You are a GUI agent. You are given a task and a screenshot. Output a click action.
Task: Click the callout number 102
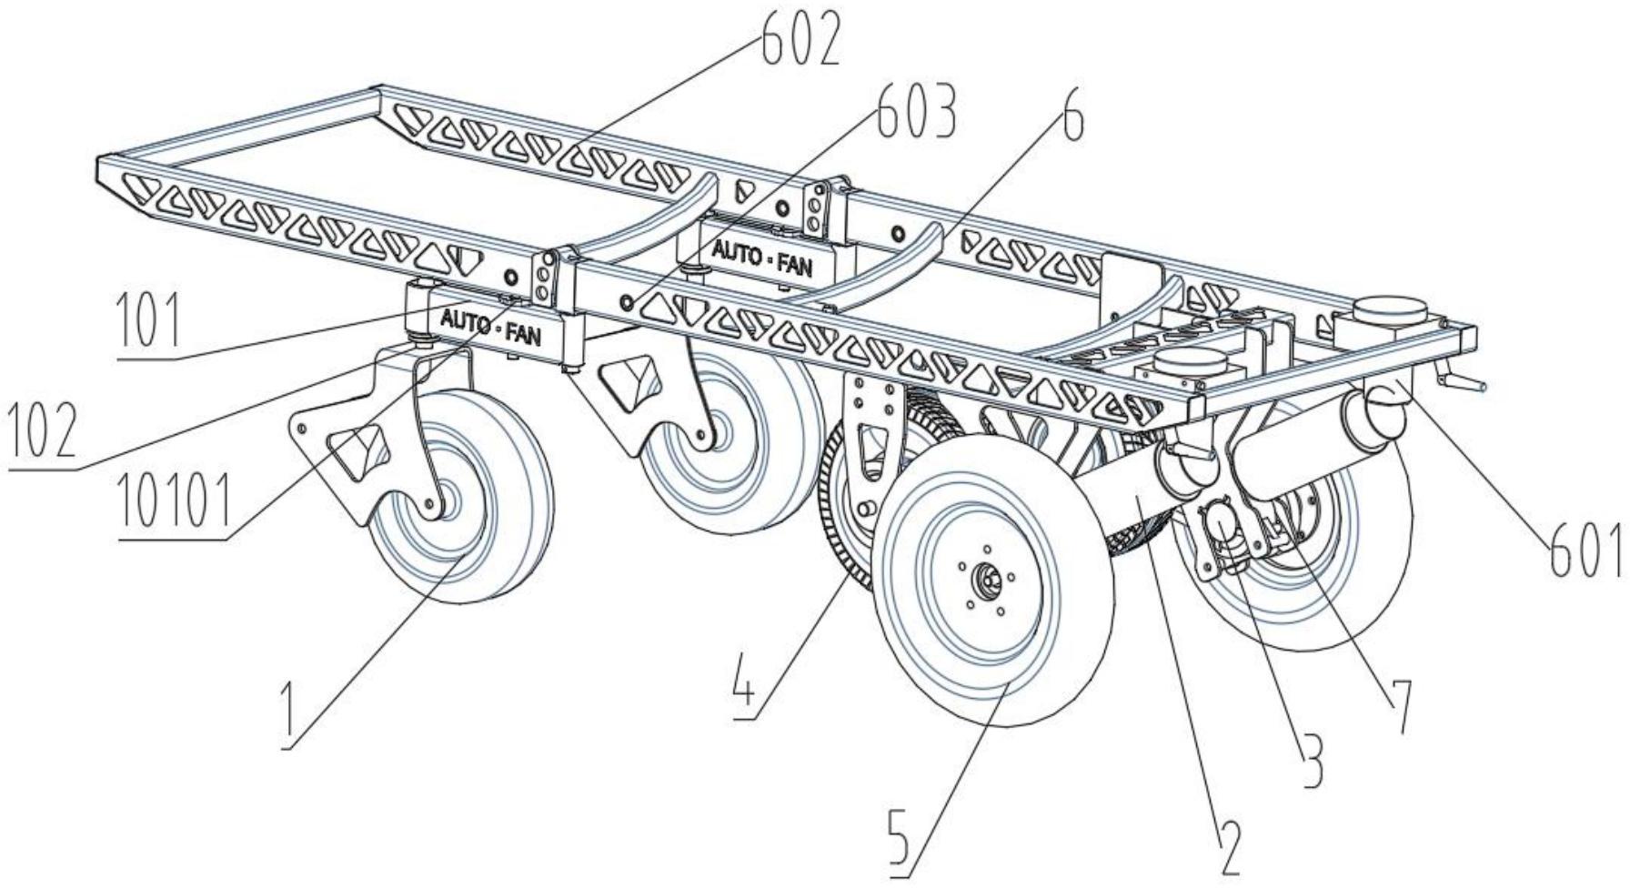point(41,431)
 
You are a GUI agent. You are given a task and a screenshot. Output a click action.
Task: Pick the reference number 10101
point(174,502)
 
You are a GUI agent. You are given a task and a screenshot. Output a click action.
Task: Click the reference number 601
point(1584,548)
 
